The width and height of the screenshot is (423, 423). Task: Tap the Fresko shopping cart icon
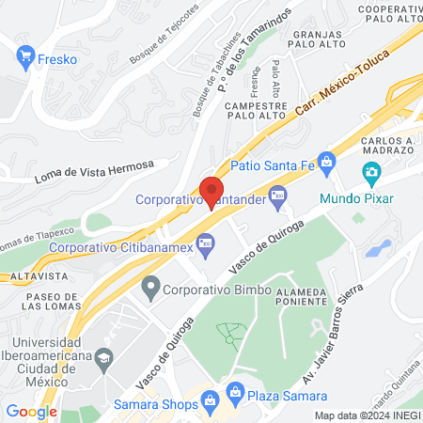tap(25, 59)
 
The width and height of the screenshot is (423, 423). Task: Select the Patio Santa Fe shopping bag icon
tap(326, 162)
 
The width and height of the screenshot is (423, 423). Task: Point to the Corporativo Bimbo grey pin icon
tap(149, 285)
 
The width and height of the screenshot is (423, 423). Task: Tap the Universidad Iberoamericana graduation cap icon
tap(103, 358)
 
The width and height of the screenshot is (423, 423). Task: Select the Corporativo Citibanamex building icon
tap(205, 247)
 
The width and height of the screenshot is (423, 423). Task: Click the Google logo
tap(31, 411)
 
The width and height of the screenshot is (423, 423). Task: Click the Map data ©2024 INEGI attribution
tap(367, 415)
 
